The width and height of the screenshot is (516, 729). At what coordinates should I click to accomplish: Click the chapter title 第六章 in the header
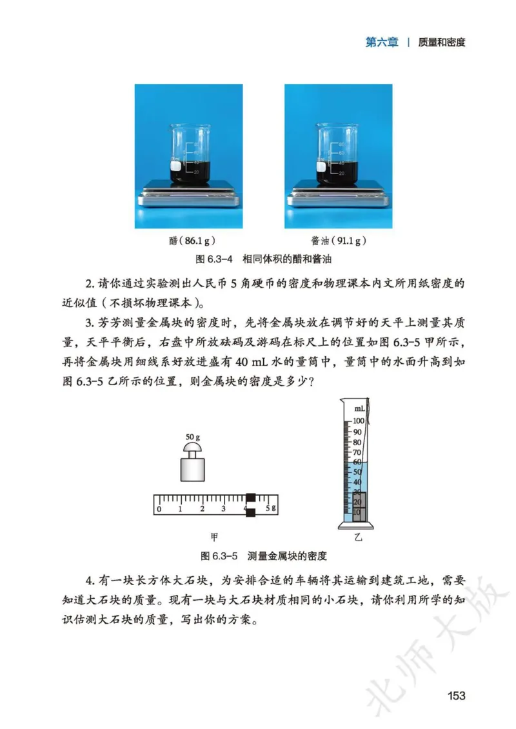click(382, 43)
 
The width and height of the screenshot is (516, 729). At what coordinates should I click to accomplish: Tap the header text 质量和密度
click(442, 43)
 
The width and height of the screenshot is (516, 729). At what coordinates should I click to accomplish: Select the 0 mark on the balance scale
click(159, 509)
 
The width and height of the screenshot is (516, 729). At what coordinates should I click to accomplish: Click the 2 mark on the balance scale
click(202, 509)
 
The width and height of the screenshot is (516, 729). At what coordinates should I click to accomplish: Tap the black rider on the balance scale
click(251, 504)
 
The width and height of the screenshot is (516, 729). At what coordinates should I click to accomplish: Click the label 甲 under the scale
click(215, 535)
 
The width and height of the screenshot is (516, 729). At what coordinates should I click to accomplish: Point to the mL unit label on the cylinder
click(359, 408)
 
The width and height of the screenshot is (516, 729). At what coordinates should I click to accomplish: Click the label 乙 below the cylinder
click(357, 536)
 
